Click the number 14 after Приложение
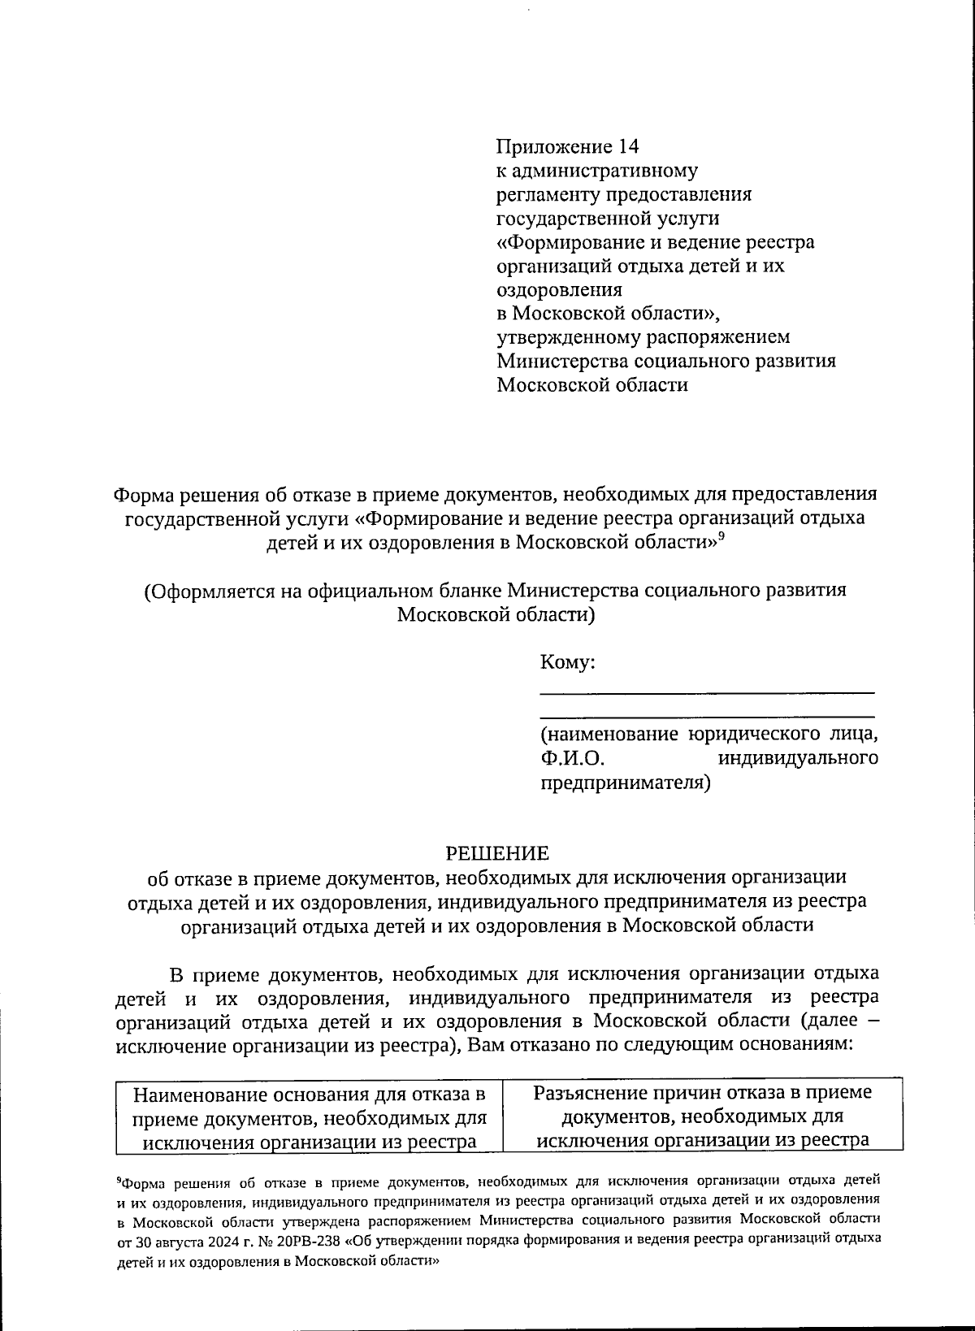(628, 147)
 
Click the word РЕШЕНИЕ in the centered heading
(496, 853)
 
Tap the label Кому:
(568, 662)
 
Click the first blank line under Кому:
(707, 692)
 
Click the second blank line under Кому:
(707, 716)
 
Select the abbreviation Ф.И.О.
(574, 759)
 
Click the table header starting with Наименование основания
(310, 1117)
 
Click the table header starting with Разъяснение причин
(703, 1116)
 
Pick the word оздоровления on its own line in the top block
(559, 289)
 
